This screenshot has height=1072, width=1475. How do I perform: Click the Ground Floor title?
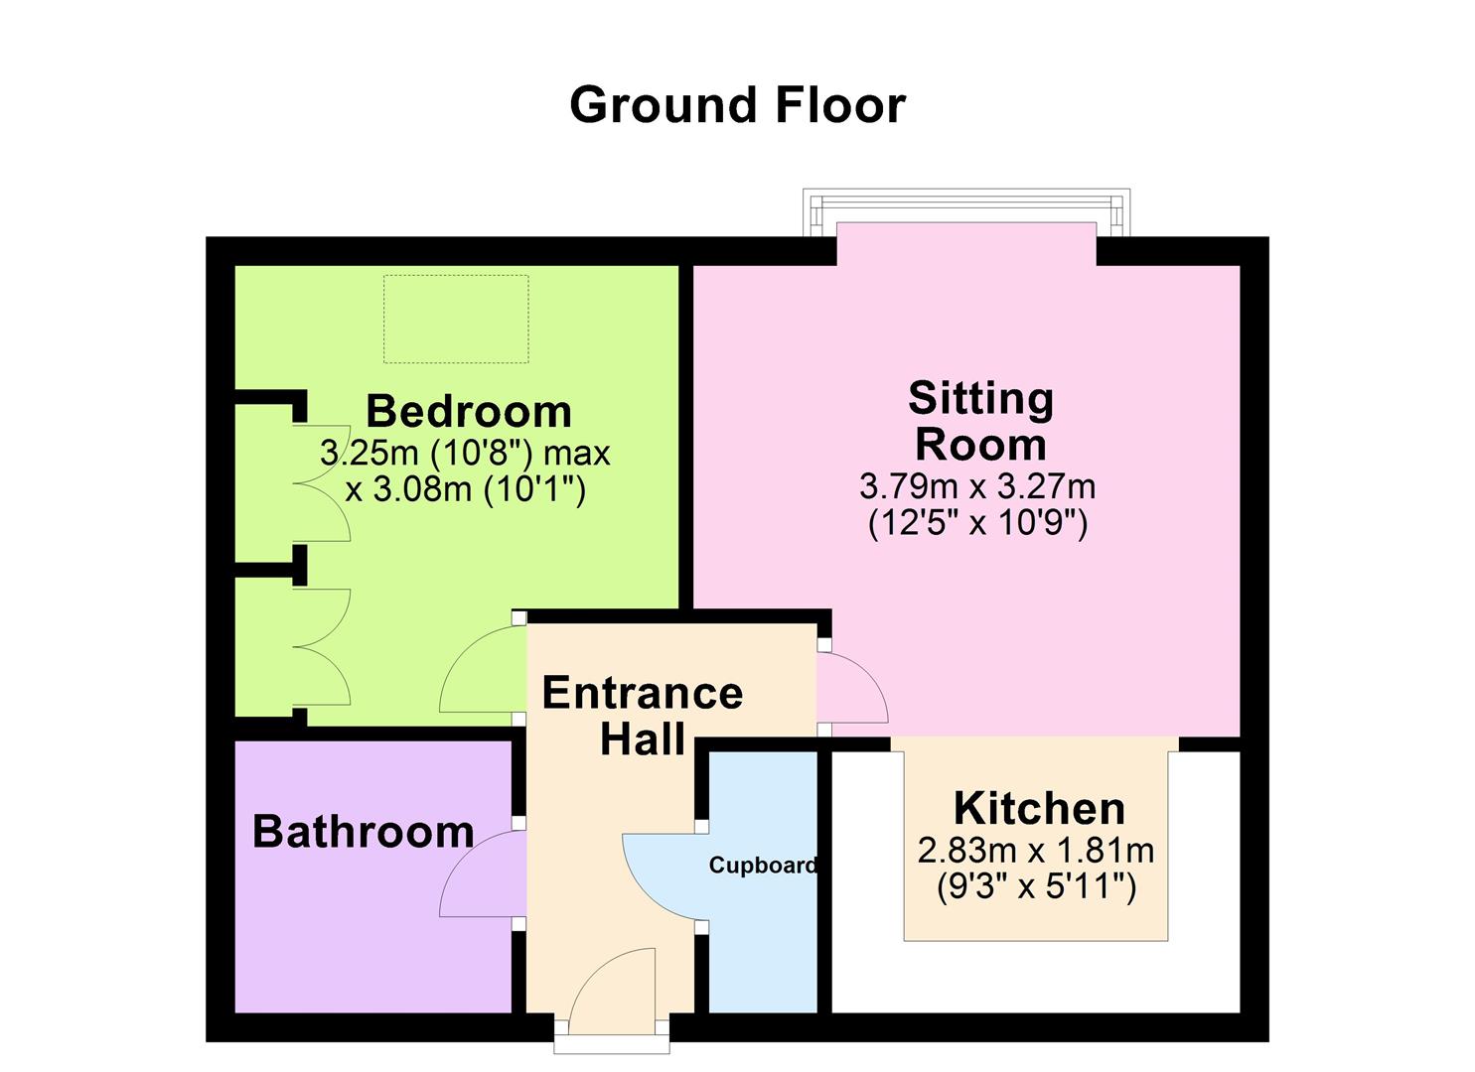(x=737, y=105)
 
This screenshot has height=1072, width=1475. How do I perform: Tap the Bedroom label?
(x=469, y=411)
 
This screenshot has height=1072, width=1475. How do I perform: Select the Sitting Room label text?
(x=980, y=421)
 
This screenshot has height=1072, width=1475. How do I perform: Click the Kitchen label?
(x=1039, y=809)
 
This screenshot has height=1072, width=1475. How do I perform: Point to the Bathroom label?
(x=364, y=832)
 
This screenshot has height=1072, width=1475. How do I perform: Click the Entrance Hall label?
(x=643, y=716)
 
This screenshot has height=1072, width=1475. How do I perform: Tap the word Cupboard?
(x=763, y=866)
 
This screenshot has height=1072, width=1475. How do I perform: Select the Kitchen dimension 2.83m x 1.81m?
(x=1036, y=851)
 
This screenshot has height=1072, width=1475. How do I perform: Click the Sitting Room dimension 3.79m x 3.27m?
(x=977, y=486)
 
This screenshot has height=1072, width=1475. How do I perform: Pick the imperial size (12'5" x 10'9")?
(x=978, y=522)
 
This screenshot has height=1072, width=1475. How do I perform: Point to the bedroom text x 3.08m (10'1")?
(x=465, y=488)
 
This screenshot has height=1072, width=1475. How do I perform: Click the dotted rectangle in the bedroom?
(x=456, y=320)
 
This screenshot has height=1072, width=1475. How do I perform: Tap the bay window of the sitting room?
(x=966, y=211)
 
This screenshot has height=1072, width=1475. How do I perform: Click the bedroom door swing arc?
(x=479, y=670)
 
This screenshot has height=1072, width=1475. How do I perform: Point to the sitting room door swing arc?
(x=854, y=686)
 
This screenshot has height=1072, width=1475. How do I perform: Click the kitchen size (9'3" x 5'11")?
(x=1036, y=886)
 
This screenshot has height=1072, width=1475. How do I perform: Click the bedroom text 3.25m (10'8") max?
(x=465, y=454)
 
